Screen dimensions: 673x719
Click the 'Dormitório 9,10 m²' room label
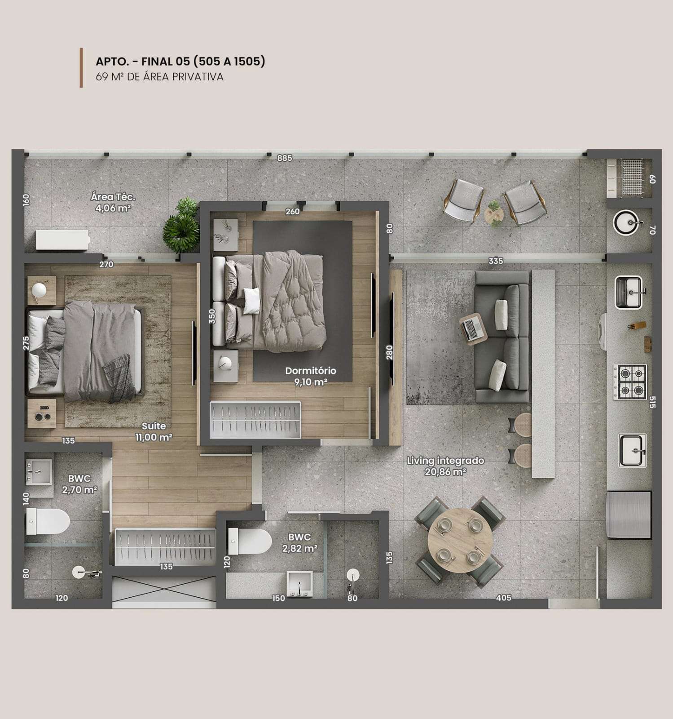311,377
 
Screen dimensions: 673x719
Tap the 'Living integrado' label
445,461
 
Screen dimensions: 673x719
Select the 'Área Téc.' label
113,197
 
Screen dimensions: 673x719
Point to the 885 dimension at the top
285,158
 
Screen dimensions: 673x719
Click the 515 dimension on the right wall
652,401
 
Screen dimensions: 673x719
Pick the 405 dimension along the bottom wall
504,598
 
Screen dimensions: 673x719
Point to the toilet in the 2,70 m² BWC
48,522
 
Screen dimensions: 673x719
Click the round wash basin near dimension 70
627,222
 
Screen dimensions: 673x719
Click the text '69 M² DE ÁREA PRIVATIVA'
159,77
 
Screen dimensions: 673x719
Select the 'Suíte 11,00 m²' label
154,431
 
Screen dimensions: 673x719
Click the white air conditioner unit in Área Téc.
62,240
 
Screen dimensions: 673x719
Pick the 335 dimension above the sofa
496,261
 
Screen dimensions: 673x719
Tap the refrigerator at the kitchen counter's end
629,515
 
